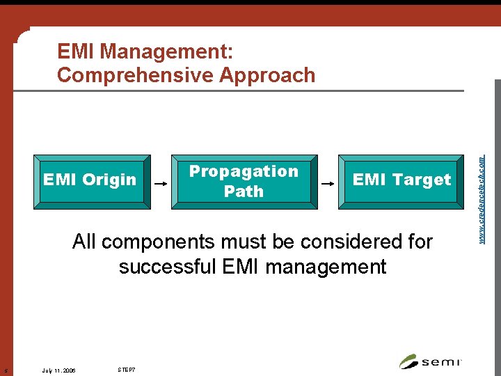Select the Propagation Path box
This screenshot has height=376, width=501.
[x=244, y=181]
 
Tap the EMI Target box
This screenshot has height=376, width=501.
[x=401, y=181]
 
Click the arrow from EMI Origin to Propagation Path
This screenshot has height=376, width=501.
[x=161, y=184]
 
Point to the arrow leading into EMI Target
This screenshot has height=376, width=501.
[x=327, y=184]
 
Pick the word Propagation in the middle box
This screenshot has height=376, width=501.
[x=244, y=171]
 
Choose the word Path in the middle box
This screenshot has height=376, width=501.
[x=244, y=191]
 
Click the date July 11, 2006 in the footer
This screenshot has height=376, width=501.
[x=58, y=370]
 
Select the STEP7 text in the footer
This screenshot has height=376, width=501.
[x=126, y=369]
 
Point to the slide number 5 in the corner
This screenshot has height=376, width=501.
[x=4, y=370]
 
